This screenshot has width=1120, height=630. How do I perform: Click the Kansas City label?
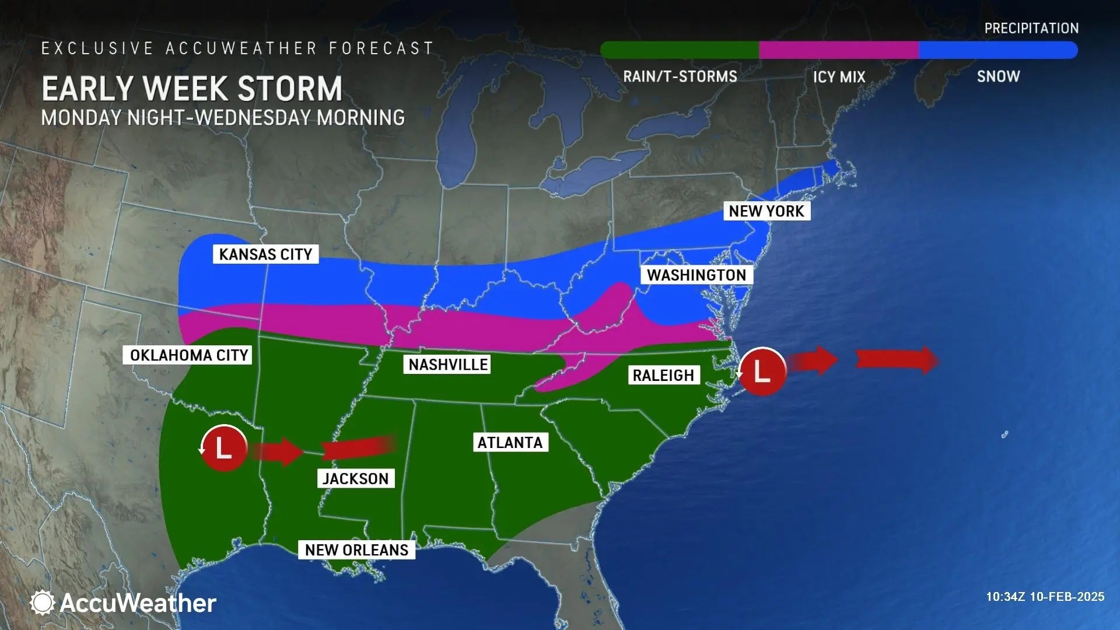[265, 254]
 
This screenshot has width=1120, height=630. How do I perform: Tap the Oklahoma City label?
[188, 355]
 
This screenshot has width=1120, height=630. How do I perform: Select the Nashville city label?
[447, 365]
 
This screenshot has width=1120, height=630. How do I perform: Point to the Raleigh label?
[663, 375]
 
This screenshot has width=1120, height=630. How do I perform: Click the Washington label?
[696, 275]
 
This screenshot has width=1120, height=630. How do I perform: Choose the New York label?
[766, 211]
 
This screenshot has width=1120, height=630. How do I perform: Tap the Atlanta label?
[510, 443]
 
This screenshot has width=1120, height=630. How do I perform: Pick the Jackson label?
[355, 479]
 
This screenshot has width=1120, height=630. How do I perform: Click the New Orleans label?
[356, 550]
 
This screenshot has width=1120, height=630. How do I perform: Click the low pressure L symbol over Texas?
[224, 448]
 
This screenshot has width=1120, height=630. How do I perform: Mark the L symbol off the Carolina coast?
[762, 371]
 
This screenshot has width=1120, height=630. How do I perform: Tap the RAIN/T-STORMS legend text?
[680, 76]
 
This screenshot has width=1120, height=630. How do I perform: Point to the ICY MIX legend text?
[839, 77]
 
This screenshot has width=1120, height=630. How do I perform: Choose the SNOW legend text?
[998, 76]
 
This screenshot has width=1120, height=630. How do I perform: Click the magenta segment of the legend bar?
[839, 50]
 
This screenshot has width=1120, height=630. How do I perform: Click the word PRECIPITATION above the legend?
[1031, 28]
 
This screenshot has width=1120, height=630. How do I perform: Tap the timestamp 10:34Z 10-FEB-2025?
[1045, 597]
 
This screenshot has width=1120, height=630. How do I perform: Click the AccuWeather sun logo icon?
[42, 603]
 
